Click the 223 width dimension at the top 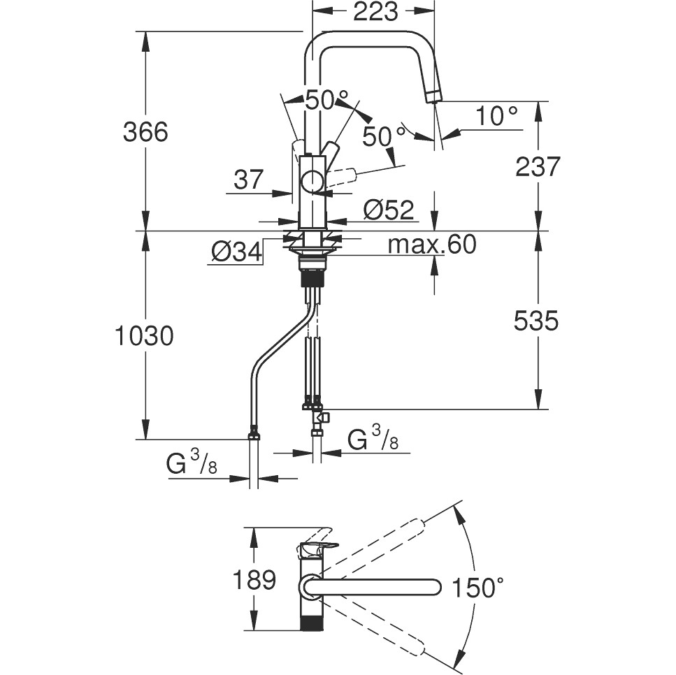[375, 12]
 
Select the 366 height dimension [145, 131]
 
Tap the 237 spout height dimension [538, 166]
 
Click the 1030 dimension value [144, 336]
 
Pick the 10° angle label [497, 116]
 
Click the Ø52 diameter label [389, 210]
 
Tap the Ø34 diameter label [235, 250]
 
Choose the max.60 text [431, 245]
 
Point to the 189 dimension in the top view [253, 579]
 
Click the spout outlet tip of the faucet [434, 100]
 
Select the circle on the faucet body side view [312, 181]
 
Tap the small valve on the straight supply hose [322, 418]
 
